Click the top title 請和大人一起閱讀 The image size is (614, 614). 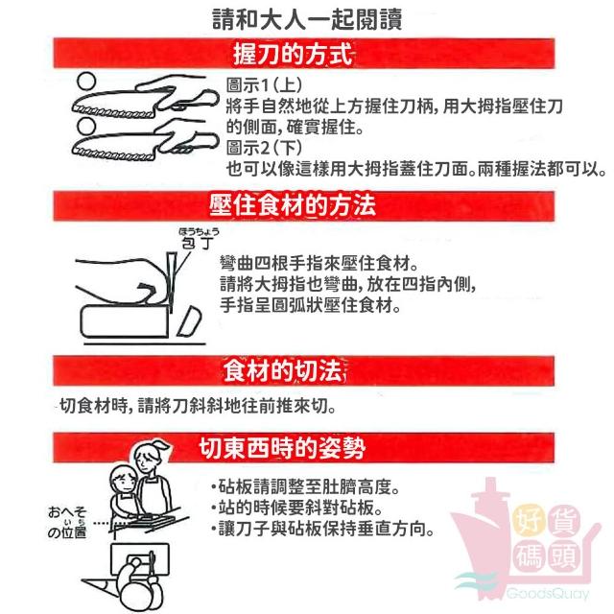[x=307, y=19]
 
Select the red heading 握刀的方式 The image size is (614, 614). [x=293, y=54]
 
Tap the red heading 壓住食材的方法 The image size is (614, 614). [x=293, y=205]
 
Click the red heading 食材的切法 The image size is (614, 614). [x=285, y=370]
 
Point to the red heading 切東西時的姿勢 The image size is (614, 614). [x=282, y=448]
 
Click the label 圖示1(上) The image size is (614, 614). [x=264, y=84]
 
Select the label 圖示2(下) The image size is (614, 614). [x=264, y=148]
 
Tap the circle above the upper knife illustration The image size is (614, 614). [x=86, y=82]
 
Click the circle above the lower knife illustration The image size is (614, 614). [x=86, y=127]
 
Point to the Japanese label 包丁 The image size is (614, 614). [x=198, y=243]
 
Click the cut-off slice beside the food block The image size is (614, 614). [x=190, y=321]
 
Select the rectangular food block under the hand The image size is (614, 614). [x=125, y=322]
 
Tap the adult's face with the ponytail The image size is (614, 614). [x=146, y=460]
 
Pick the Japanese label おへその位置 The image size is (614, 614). [x=67, y=522]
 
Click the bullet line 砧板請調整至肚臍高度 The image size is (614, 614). [x=305, y=486]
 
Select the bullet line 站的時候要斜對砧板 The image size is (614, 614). [x=296, y=508]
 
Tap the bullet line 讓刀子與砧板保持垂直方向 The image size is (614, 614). [x=322, y=529]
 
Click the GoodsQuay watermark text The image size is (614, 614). [x=548, y=594]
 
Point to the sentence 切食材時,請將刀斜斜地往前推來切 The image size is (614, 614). [x=198, y=406]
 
